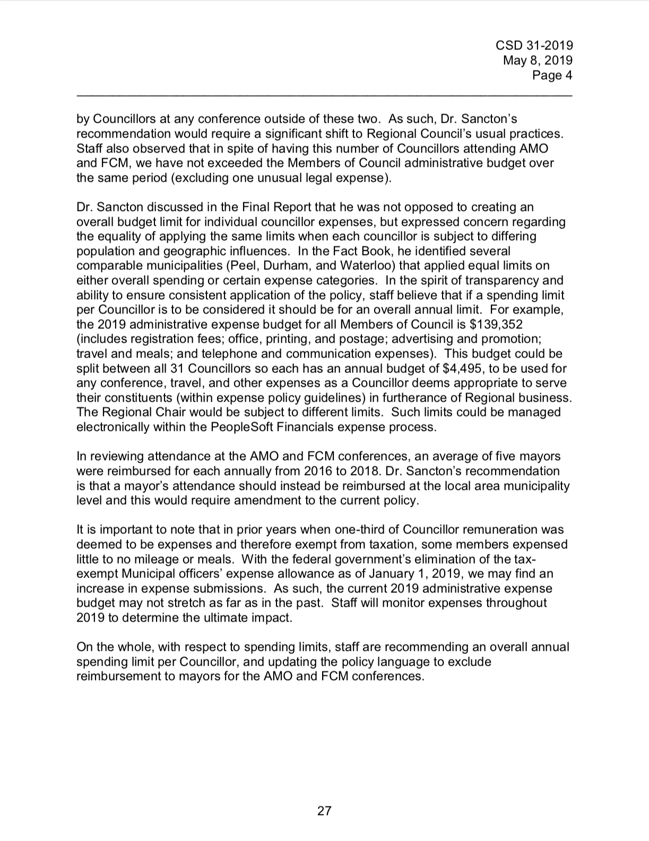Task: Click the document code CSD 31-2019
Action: tap(535, 46)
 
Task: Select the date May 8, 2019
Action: tap(538, 61)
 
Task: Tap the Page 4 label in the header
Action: tap(552, 75)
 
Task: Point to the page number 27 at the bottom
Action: tap(324, 811)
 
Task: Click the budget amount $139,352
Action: tap(493, 324)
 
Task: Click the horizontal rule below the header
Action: tap(324, 96)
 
